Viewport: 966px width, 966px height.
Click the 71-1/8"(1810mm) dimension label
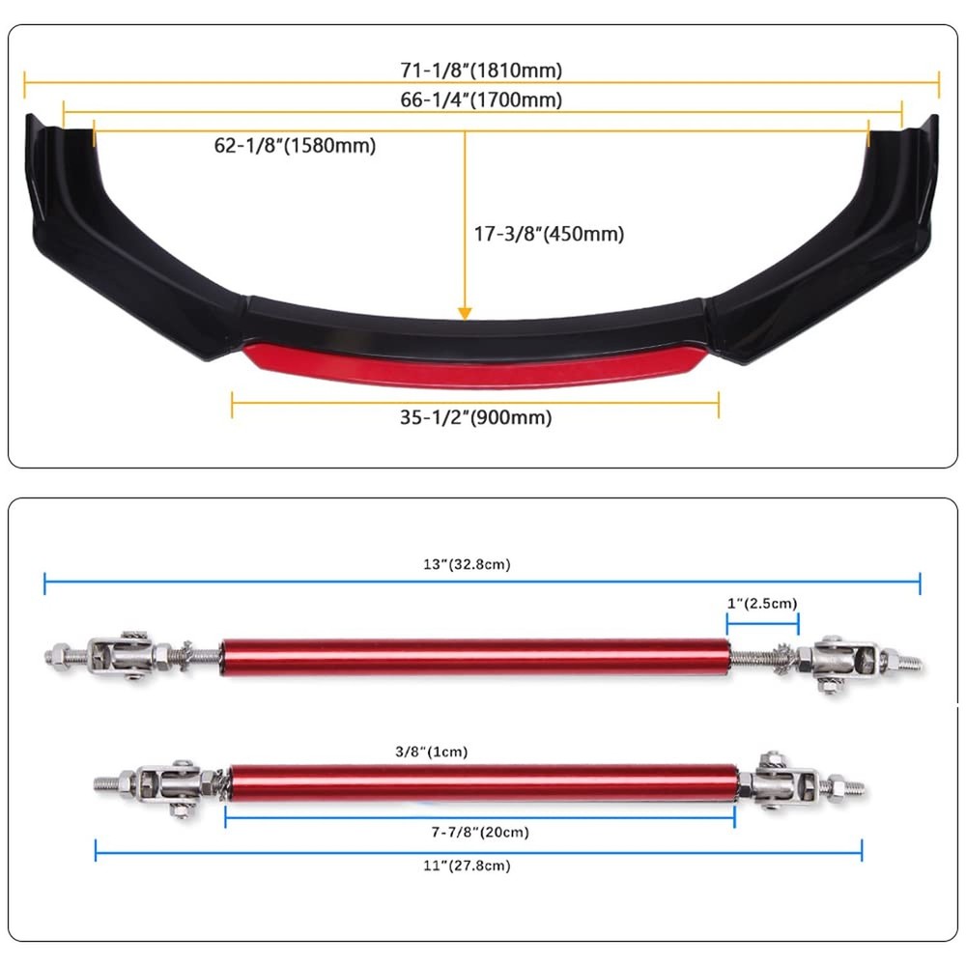tap(481, 71)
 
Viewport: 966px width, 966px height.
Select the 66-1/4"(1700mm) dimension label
tap(481, 99)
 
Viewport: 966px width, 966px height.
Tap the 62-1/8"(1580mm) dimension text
tap(295, 146)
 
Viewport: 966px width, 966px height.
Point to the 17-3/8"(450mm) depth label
tap(549, 234)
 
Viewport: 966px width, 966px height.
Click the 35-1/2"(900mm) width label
tap(475, 417)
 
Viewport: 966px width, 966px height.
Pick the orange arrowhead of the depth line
tap(466, 314)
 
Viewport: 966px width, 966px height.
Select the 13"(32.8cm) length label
tap(467, 564)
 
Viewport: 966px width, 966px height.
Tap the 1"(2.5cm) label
tap(762, 603)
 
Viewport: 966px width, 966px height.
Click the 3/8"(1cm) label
tap(431, 752)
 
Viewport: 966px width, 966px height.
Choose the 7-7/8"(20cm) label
tap(480, 833)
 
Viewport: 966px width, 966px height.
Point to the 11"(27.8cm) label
tap(467, 866)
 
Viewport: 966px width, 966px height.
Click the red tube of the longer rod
tap(475, 658)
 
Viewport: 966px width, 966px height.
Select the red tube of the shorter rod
tap(483, 783)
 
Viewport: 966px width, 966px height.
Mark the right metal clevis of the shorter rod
tap(782, 782)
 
